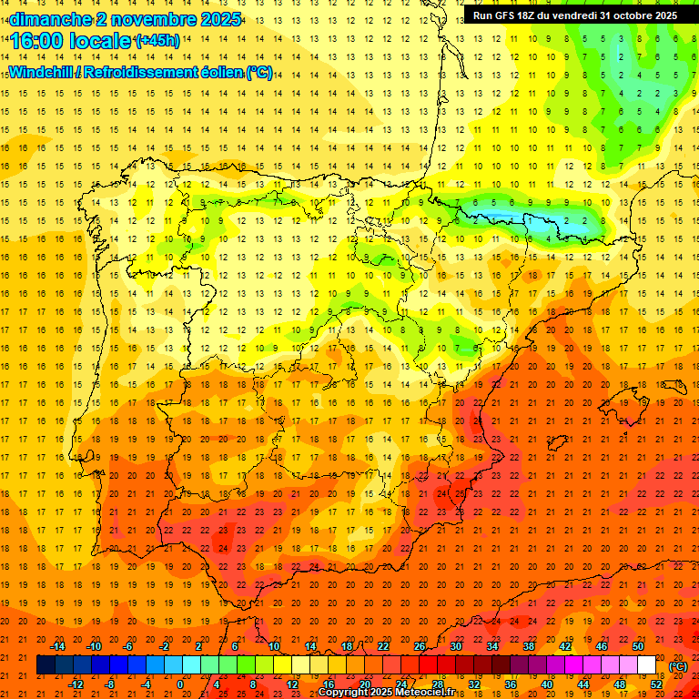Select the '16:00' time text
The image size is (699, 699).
(x=35, y=42)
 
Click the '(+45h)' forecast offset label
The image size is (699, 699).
(x=157, y=41)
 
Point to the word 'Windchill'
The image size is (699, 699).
(x=41, y=73)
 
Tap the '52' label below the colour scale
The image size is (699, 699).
(x=656, y=684)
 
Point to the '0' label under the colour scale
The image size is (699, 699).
(x=180, y=684)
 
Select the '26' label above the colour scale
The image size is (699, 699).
(x=420, y=646)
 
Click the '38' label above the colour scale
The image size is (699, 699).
(x=529, y=646)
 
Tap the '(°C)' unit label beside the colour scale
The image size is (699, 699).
(x=678, y=666)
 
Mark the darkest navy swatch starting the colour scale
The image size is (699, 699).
(x=46, y=665)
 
